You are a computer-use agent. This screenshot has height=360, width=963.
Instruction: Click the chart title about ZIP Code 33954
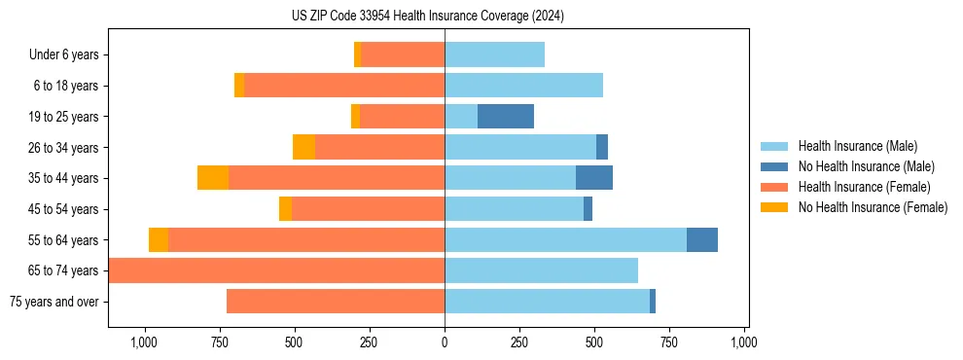[x=428, y=16]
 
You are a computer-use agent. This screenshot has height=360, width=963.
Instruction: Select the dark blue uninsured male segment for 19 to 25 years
[x=506, y=117]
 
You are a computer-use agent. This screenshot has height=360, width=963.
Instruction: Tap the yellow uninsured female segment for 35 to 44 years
[x=213, y=178]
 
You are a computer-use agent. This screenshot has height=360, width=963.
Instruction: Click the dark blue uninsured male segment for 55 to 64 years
[x=702, y=239]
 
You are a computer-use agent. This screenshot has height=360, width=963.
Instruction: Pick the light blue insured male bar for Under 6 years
[x=494, y=55]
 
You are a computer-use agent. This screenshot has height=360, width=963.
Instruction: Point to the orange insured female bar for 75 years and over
[x=336, y=302]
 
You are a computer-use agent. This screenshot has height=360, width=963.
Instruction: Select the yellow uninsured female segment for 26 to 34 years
[x=303, y=147]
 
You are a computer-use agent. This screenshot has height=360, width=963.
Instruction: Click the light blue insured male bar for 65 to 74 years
[x=541, y=270]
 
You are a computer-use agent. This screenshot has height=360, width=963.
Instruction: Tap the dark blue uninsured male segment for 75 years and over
[x=653, y=302]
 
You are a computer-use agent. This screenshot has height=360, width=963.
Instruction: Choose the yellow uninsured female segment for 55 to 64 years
[x=159, y=239]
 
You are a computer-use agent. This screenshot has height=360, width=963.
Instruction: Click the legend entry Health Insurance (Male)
[x=857, y=146]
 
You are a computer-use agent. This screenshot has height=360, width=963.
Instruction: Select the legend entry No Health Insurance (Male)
[x=866, y=166]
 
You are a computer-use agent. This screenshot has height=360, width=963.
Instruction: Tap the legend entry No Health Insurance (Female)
[x=873, y=207]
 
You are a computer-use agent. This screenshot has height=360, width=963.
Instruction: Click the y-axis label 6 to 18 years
[x=66, y=86]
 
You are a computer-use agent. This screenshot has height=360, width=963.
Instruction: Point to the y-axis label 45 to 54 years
[x=63, y=209]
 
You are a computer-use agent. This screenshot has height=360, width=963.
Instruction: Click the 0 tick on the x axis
[x=445, y=342]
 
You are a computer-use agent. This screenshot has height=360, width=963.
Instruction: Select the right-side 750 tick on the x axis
[x=669, y=342]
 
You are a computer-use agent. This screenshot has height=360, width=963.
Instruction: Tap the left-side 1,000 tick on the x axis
[x=144, y=342]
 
